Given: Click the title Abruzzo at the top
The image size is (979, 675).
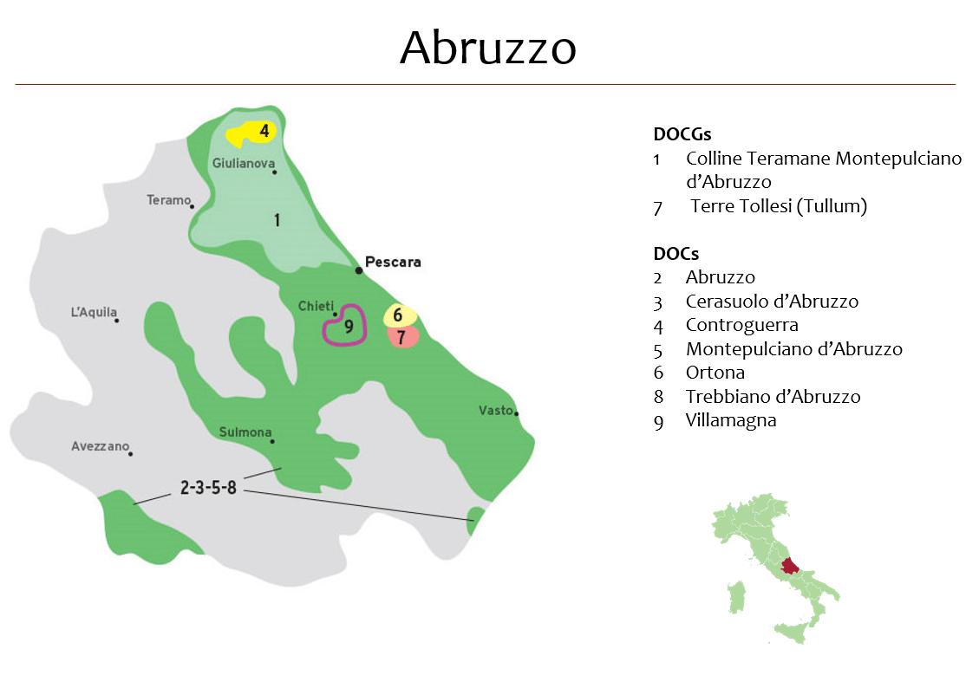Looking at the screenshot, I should pyautogui.click(x=488, y=48).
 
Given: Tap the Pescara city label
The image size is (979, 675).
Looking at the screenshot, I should pyautogui.click(x=393, y=261).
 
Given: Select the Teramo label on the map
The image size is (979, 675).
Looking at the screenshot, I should pyautogui.click(x=168, y=200).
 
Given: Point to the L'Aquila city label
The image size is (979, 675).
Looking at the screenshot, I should pyautogui.click(x=94, y=313).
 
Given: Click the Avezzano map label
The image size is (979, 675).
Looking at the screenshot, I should pyautogui.click(x=100, y=447).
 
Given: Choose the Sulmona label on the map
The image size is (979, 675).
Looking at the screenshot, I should pyautogui.click(x=245, y=432).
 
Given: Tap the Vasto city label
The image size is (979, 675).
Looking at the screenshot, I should pyautogui.click(x=496, y=410).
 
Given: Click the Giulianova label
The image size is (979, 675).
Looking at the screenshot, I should pyautogui.click(x=244, y=163).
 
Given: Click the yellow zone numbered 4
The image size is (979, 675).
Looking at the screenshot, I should pyautogui.click(x=251, y=133).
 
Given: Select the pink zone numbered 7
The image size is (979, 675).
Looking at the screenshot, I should pyautogui.click(x=402, y=336).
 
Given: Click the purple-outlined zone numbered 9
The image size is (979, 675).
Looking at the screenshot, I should pyautogui.click(x=346, y=326).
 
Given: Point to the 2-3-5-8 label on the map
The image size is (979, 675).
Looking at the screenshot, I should pyautogui.click(x=208, y=488).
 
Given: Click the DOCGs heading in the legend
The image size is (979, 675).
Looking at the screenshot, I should pyautogui.click(x=682, y=134).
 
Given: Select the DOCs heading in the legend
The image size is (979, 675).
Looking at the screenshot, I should pyautogui.click(x=676, y=254).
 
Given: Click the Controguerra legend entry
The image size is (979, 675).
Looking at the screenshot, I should pyautogui.click(x=741, y=325).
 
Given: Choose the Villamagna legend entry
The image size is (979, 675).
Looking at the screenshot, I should pyautogui.click(x=730, y=420).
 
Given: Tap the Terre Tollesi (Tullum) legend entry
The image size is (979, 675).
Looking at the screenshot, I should pyautogui.click(x=779, y=206).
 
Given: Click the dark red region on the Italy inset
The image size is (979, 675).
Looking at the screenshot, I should pyautogui.click(x=789, y=567).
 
